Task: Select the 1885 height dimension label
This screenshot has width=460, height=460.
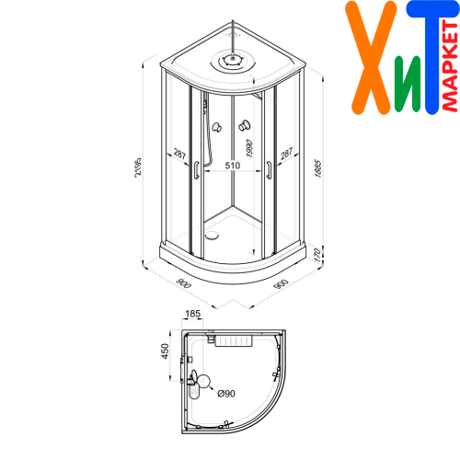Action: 317,168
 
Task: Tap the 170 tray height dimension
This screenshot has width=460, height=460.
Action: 317,255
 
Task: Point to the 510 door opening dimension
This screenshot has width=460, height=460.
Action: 233,166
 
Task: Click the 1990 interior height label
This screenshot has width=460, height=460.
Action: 249,149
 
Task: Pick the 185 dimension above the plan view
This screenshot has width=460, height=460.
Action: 193,314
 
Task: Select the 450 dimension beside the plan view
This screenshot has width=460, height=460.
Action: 165,351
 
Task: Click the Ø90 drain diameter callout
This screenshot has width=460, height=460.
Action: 226,394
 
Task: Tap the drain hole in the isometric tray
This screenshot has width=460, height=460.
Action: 212,236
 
